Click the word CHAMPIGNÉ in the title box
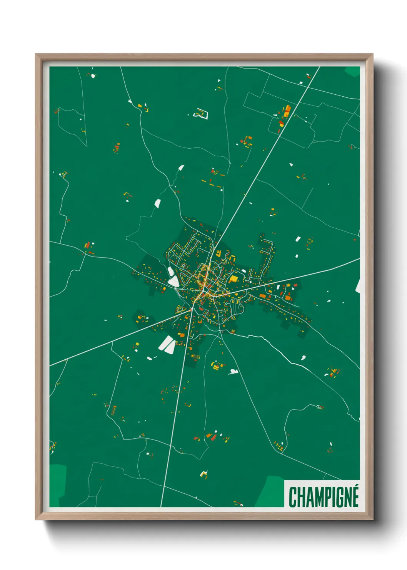coord(324,497)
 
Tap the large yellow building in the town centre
coord(234,278)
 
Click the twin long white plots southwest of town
coord(167,344)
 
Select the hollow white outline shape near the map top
coord(201,114)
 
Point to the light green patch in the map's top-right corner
coord(353,71)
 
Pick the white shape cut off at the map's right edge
coord(358,286)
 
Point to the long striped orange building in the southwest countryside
coord(113,410)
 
